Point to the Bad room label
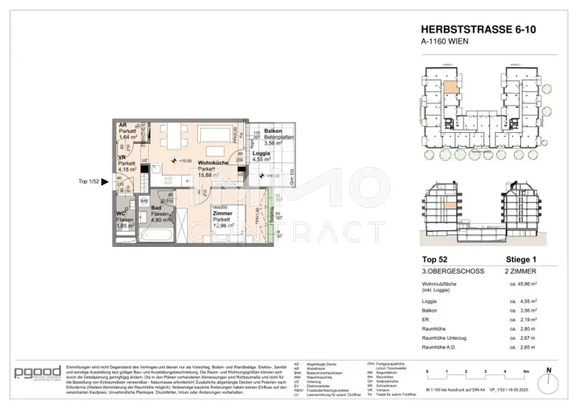(x=157, y=207)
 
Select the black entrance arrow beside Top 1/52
(x=104, y=181)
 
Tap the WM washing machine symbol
(x=144, y=200)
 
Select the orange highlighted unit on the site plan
(x=452, y=87)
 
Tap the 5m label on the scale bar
(x=525, y=372)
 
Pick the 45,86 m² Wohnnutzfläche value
(x=524, y=285)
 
